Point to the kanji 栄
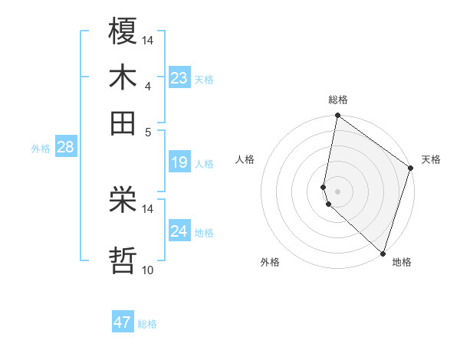click(x=123, y=201)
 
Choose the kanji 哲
click(x=123, y=260)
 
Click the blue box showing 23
click(x=179, y=78)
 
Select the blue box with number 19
click(x=179, y=162)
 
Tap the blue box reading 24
click(x=179, y=231)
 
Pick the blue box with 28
click(x=65, y=148)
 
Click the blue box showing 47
click(x=123, y=322)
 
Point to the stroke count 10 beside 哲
click(x=148, y=270)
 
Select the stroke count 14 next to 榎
click(x=148, y=39)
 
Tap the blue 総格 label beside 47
click(x=147, y=324)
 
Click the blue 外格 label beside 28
click(x=41, y=149)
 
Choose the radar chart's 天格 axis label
click(x=431, y=159)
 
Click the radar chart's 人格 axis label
click(x=245, y=159)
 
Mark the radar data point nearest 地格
click(x=383, y=253)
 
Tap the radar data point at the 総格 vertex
click(x=337, y=116)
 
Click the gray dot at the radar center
click(x=337, y=191)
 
